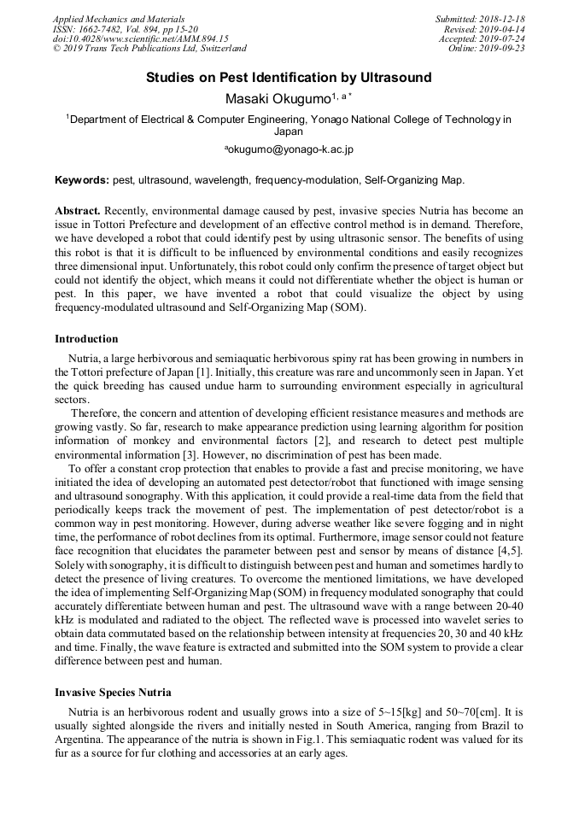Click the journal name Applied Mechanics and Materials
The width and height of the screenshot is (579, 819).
tap(118, 19)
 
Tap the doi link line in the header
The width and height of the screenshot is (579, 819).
tap(140, 39)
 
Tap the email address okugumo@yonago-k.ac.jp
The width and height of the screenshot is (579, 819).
tap(289, 149)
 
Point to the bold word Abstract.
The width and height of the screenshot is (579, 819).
tap(77, 210)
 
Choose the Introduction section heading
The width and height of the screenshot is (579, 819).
tap(86, 339)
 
